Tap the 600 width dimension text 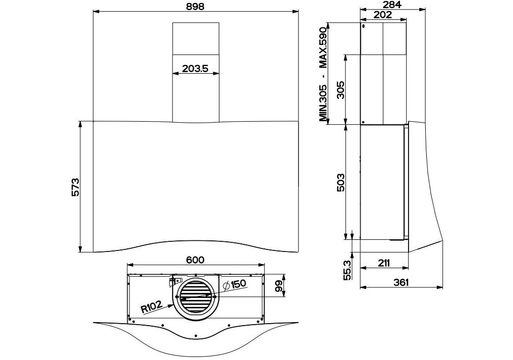click(x=195, y=260)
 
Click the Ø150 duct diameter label click(x=234, y=284)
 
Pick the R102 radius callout click(x=151, y=306)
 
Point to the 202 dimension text click(x=383, y=15)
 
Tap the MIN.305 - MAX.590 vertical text click(x=323, y=74)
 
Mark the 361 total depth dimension click(x=402, y=282)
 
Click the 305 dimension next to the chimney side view click(x=340, y=90)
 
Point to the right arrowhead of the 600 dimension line click(x=263, y=265)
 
